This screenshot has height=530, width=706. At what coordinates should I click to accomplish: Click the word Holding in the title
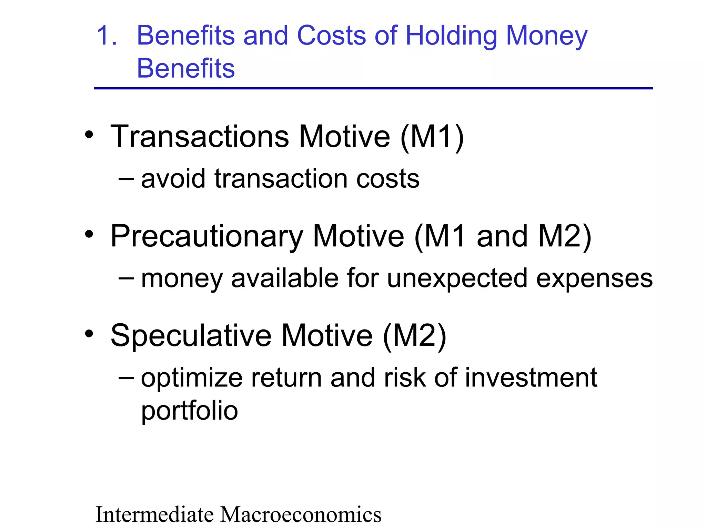coord(451,36)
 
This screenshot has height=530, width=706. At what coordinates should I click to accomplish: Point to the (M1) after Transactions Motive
coord(432,137)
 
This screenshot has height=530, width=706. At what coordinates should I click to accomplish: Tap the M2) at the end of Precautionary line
coord(564,237)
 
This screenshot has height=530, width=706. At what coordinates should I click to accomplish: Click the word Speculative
coord(191,336)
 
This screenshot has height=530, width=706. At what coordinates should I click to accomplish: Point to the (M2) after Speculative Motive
coord(415,336)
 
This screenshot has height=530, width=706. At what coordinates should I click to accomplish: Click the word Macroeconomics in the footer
coord(301,514)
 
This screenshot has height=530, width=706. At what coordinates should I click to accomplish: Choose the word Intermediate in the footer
coord(155,514)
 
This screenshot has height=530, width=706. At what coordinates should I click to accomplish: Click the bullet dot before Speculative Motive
coord(89,334)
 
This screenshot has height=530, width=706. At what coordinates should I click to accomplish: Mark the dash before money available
coord(126,277)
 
